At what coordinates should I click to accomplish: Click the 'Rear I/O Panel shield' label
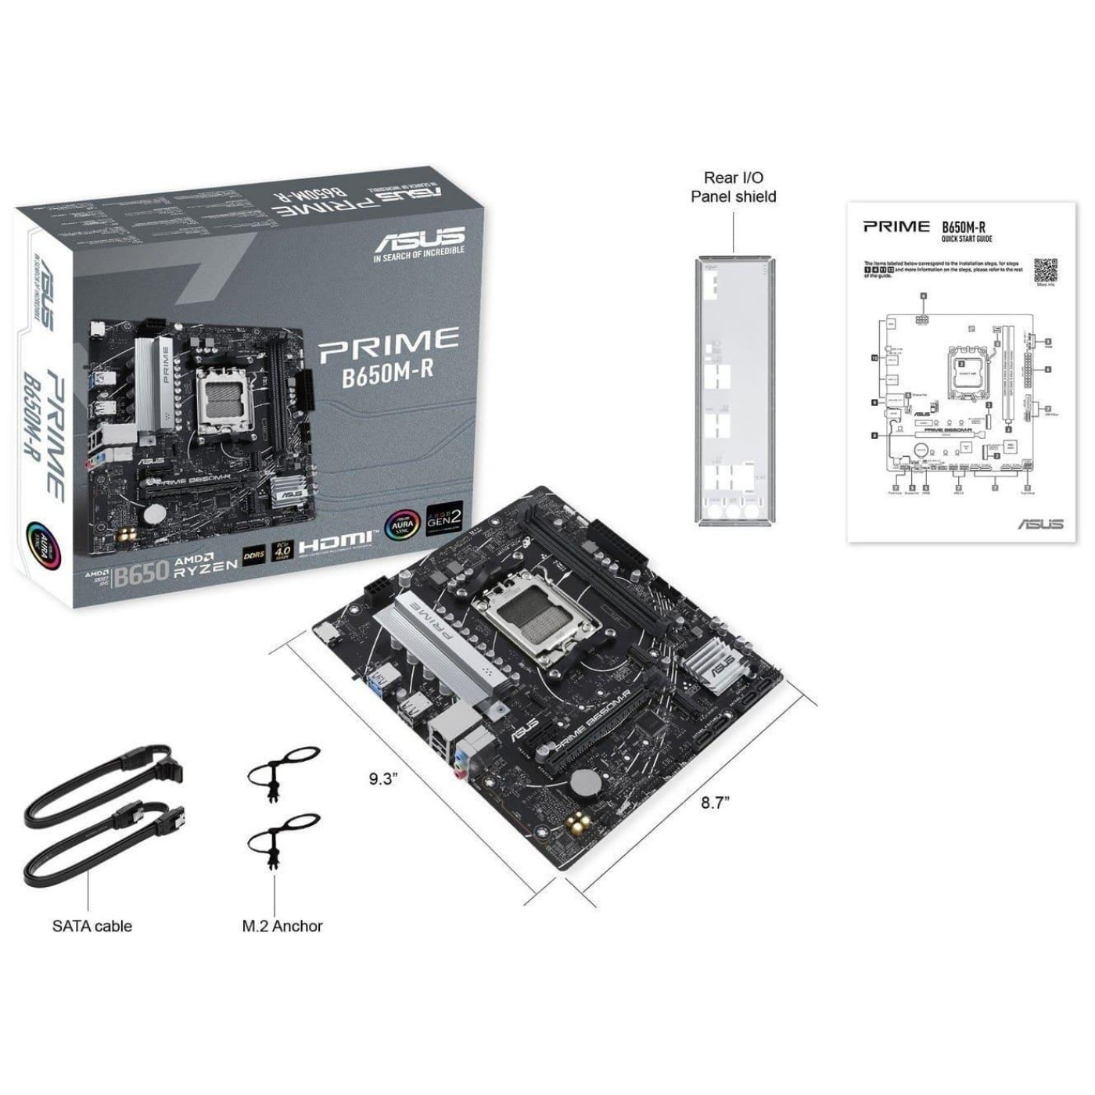733,188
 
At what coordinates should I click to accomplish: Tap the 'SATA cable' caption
92,926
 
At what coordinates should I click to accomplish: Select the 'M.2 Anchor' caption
282,926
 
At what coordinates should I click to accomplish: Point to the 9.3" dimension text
384,778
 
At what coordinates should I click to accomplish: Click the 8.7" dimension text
714,802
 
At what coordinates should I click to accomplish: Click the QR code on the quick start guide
1046,269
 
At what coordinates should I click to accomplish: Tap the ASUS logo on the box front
419,237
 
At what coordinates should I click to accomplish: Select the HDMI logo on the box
336,540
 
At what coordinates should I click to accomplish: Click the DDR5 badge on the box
254,555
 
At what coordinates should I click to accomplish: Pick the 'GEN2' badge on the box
444,519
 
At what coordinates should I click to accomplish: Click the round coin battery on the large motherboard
585,782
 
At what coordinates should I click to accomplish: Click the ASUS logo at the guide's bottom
1040,523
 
